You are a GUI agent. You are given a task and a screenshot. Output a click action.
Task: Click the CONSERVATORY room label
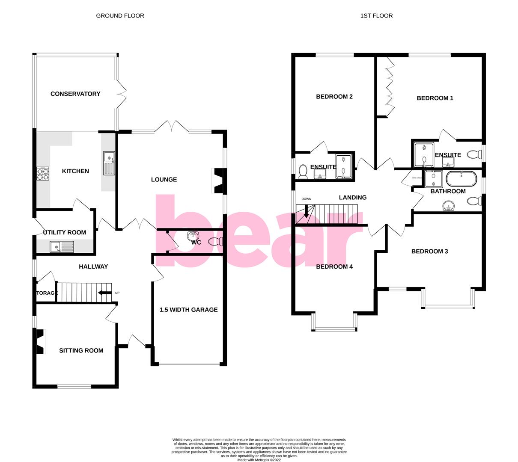[75, 94]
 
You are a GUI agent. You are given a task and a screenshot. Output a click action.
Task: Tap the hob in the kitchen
[43, 172]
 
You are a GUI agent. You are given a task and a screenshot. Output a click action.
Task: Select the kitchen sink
[108, 163]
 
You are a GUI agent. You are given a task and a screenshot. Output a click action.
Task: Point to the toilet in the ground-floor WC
[213, 242]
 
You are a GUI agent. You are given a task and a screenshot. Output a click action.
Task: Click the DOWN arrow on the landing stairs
[306, 211]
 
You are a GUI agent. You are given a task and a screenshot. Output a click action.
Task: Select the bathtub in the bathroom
[461, 178]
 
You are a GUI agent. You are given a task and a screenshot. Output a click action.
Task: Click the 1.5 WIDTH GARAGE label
[188, 310]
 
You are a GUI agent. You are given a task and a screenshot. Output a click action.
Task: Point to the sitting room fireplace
[40, 341]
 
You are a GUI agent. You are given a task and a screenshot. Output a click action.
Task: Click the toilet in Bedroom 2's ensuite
[303, 171]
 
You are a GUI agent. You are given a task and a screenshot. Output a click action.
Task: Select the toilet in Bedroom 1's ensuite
[473, 154]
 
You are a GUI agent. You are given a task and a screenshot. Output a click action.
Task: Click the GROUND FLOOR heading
[120, 16]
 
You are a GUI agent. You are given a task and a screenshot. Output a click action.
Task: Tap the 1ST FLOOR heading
[376, 16]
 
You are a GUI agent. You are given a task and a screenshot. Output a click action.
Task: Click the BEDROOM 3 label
[429, 251]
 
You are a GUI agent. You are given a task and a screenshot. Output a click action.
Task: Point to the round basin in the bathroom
[448, 206]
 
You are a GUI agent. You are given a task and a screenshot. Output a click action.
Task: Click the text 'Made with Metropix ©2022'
[259, 460]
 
